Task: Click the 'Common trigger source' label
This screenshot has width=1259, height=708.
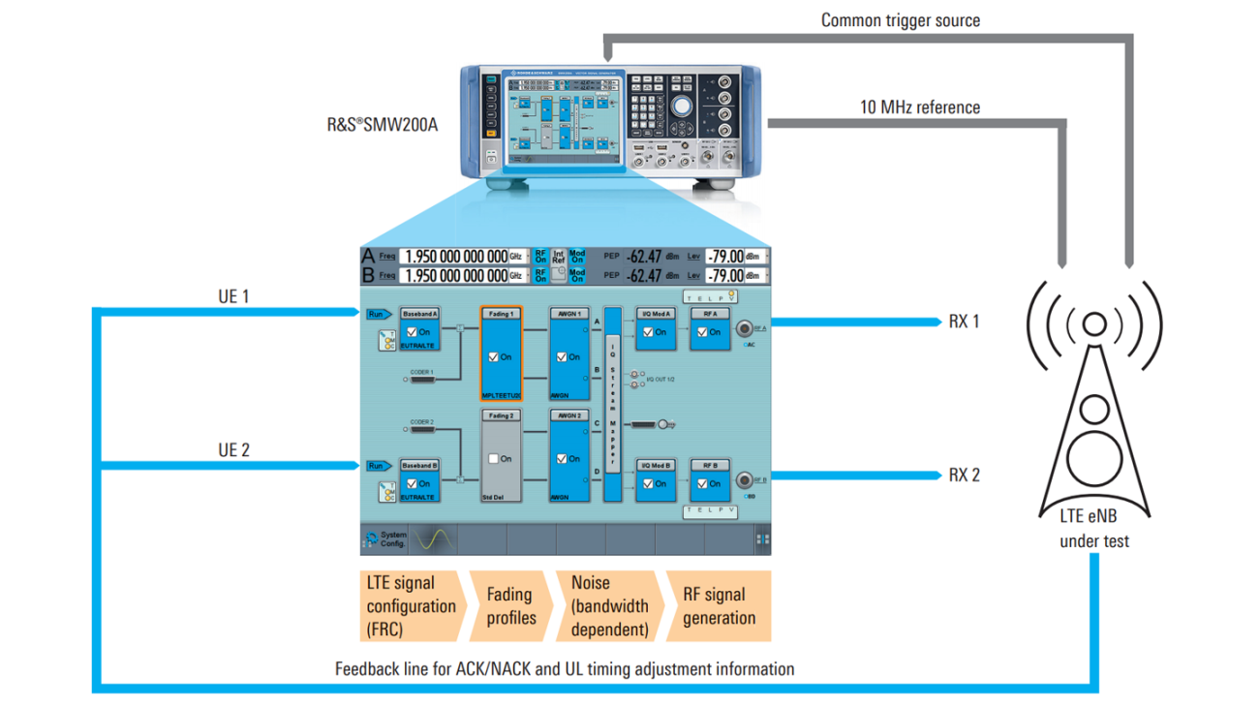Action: pos(900,20)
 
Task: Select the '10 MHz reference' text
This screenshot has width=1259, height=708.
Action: pos(919,108)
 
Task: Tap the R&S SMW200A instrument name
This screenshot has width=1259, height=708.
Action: pos(384,124)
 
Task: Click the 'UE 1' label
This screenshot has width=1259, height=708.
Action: pos(233,296)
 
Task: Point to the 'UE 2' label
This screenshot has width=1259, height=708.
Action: pos(233,450)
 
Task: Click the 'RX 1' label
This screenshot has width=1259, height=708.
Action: pos(964,322)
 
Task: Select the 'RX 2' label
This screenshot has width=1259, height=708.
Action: pos(964,475)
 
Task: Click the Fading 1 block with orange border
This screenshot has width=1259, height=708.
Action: pos(501,354)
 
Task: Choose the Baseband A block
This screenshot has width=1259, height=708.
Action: pos(419,330)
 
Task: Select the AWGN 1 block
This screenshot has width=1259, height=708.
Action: pos(568,354)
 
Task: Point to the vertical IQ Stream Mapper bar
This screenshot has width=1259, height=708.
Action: pos(611,406)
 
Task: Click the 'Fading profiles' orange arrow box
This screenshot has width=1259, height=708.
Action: pos(510,605)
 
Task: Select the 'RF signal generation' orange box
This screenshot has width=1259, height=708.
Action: pos(719,606)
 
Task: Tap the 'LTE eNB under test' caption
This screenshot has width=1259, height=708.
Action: pos(1093,529)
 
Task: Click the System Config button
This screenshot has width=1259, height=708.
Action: pos(384,539)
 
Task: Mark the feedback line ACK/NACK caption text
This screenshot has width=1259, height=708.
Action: pos(564,668)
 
